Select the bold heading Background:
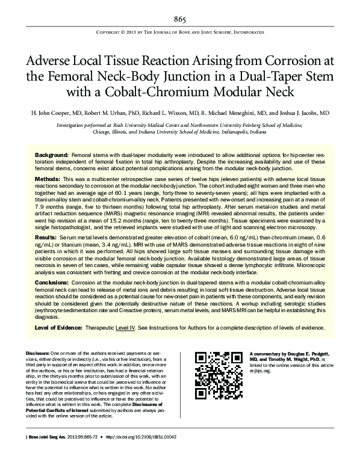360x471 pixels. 52,155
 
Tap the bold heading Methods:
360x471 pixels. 48,180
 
